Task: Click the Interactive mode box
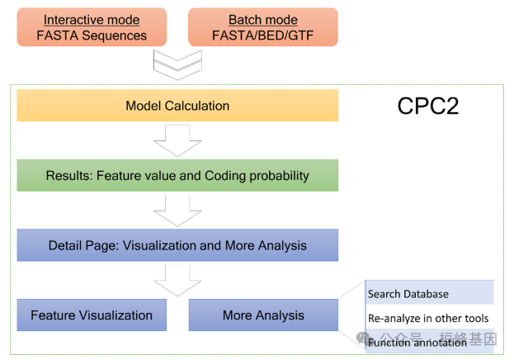(92, 26)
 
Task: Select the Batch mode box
(262, 26)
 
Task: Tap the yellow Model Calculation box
(177, 106)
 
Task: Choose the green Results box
(177, 175)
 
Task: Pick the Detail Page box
(177, 245)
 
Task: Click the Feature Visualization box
(92, 315)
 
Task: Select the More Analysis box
(263, 315)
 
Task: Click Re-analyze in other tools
(429, 318)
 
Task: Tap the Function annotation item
(417, 342)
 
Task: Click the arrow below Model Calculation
(177, 140)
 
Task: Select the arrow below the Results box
(177, 210)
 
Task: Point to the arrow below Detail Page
(177, 280)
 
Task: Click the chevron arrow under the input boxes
(177, 63)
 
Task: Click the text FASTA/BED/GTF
(262, 35)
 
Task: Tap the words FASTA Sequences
(92, 35)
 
